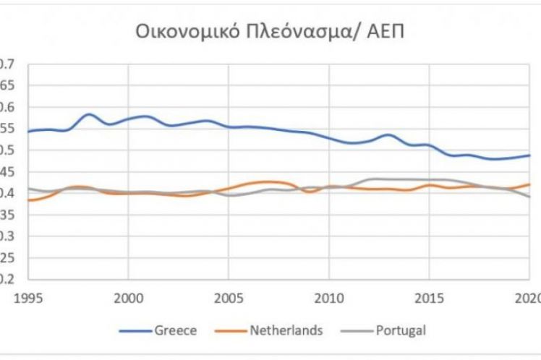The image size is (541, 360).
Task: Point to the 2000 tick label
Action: tap(128, 296)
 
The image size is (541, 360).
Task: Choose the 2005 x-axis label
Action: tap(229, 296)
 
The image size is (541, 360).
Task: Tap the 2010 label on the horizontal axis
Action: tap(329, 296)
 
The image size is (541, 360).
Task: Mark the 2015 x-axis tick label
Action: tap(430, 296)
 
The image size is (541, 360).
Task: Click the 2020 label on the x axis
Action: tap(529, 296)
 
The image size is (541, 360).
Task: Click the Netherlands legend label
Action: tap(286, 331)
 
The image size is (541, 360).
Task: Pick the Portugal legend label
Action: tap(401, 331)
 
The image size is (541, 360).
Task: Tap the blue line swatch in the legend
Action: tap(134, 332)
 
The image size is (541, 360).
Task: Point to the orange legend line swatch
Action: tap(231, 332)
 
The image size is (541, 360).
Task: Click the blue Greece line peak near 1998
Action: tap(88, 114)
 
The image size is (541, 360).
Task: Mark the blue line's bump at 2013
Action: tap(388, 135)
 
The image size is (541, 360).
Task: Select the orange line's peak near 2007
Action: tap(268, 181)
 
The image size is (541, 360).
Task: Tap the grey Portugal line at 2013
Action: tap(388, 179)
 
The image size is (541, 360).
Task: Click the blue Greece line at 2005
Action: tap(229, 127)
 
